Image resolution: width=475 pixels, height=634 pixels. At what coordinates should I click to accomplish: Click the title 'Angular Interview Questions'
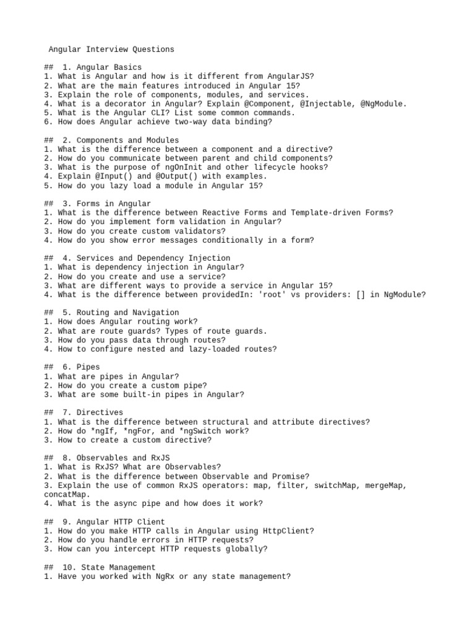click(x=111, y=49)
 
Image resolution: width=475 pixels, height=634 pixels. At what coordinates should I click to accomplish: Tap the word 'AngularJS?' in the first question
click(x=291, y=76)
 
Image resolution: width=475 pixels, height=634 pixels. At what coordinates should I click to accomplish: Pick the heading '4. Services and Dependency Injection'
click(x=145, y=258)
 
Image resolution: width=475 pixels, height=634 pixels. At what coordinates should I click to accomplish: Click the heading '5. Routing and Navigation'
click(x=120, y=313)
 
